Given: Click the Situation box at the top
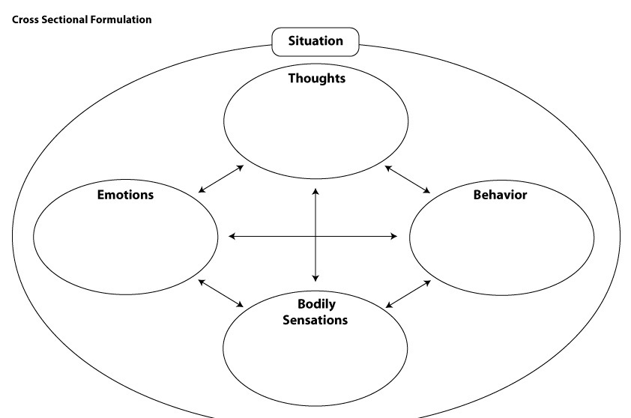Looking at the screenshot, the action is coord(315,42).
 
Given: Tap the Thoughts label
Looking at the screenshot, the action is coord(317,78).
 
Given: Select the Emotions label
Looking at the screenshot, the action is coord(126,195).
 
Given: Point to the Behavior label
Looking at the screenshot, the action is coord(500,195).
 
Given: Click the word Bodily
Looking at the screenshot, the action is coord(316,304).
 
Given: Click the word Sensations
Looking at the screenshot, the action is coord(315,320).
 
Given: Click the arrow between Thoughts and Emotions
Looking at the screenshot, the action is coord(221,178).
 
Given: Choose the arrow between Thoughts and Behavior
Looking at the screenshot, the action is coord(408,180).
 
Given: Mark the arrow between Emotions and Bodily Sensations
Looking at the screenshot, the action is coord(221,294).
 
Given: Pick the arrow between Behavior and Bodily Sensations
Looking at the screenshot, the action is coord(408,294).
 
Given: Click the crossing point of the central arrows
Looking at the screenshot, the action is coord(315,236).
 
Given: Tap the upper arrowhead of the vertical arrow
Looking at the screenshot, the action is coord(315,191).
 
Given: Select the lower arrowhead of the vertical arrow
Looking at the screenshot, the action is coord(315,278).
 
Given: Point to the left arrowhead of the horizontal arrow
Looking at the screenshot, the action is coord(232,236).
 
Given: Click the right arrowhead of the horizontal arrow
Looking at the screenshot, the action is coord(394,236).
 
